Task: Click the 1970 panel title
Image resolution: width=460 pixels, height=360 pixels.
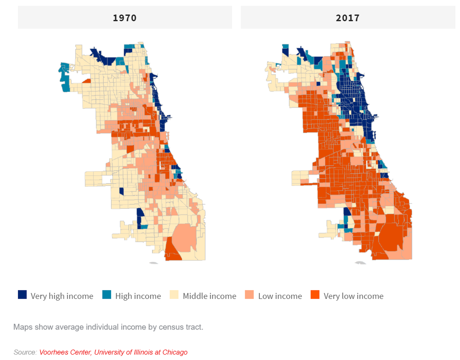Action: pyautogui.click(x=125, y=18)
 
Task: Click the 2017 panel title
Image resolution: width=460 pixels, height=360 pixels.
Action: pyautogui.click(x=347, y=18)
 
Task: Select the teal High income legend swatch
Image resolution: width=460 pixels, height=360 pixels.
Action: pyautogui.click(x=107, y=295)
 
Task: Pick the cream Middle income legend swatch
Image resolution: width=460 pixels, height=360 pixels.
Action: pyautogui.click(x=174, y=295)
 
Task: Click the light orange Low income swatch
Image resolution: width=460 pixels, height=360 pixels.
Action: pyautogui.click(x=250, y=295)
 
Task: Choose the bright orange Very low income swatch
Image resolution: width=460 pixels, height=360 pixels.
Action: pyautogui.click(x=315, y=295)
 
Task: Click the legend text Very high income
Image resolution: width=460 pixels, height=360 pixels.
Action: pyautogui.click(x=62, y=296)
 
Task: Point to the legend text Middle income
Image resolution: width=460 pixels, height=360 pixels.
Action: pyautogui.click(x=209, y=296)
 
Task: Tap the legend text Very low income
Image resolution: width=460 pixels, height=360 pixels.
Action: pyautogui.click(x=353, y=296)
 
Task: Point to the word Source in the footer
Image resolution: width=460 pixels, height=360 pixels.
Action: pyautogui.click(x=25, y=352)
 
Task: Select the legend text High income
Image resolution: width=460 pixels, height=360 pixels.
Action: pyautogui.click(x=138, y=296)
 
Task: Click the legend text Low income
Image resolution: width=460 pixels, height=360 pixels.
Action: pyautogui.click(x=280, y=296)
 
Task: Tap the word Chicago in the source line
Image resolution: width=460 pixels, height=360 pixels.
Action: pyautogui.click(x=174, y=352)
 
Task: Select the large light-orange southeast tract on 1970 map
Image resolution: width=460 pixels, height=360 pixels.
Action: pyautogui.click(x=185, y=236)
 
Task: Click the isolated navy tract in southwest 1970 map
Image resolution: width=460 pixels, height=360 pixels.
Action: pyautogui.click(x=122, y=191)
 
